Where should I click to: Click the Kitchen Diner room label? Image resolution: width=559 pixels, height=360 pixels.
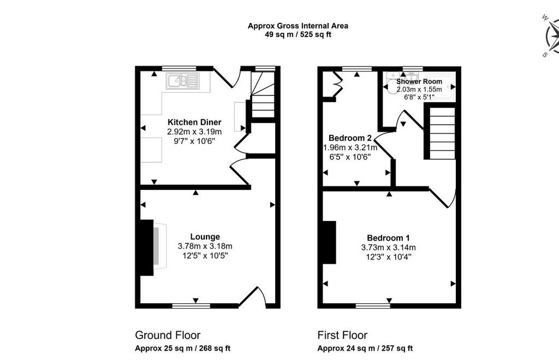click(x=195, y=122)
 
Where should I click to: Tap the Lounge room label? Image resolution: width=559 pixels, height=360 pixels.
click(x=205, y=237)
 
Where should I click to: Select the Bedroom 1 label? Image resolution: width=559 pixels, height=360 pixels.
click(x=388, y=238)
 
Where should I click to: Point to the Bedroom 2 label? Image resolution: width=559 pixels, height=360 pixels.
click(x=350, y=138)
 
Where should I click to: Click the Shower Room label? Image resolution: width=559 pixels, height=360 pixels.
click(x=419, y=81)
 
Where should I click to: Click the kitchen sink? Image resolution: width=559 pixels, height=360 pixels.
click(x=182, y=81)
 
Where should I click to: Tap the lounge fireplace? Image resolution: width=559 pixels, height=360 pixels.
click(x=153, y=248)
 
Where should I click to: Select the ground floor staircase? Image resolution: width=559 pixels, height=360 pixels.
click(x=263, y=95)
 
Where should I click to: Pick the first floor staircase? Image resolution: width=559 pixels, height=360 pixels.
click(x=442, y=133)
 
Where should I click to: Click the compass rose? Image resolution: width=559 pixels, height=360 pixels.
click(x=552, y=37)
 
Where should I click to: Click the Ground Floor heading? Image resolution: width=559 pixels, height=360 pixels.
click(x=168, y=335)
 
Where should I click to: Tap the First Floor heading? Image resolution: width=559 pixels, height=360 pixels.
click(x=342, y=335)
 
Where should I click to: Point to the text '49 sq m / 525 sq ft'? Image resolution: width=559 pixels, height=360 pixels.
click(x=298, y=34)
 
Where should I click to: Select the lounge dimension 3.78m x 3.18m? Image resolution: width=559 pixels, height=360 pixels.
click(x=205, y=246)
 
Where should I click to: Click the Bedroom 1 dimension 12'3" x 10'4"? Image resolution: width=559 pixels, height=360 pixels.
click(x=388, y=257)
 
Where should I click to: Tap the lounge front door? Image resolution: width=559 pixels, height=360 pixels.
click(x=252, y=297)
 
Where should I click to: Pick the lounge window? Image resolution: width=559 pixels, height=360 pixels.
click(x=191, y=305)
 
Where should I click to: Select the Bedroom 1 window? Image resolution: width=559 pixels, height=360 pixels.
click(x=373, y=305)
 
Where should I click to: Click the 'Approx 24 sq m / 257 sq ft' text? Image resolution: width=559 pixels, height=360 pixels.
click(x=365, y=348)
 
